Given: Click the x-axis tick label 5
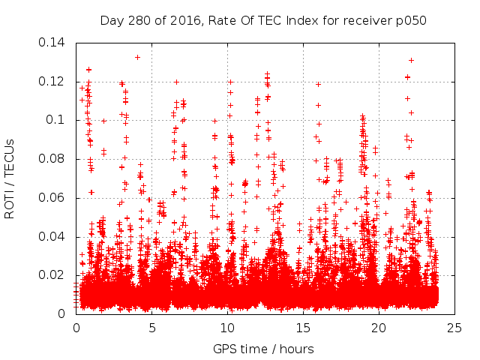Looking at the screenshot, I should click(x=151, y=328).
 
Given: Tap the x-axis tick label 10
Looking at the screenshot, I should click(x=227, y=328).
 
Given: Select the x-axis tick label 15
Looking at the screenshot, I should click(x=303, y=328).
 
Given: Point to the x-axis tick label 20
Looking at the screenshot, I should click(x=379, y=328).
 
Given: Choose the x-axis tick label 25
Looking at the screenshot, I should click(x=454, y=328).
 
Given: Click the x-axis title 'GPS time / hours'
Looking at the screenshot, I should click(x=263, y=349).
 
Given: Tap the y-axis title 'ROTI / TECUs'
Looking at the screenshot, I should click(x=10, y=178).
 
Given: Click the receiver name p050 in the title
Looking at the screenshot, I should click(x=411, y=20).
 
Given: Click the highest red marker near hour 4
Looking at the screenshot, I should click(x=137, y=57).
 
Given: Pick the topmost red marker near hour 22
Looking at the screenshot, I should click(x=411, y=60).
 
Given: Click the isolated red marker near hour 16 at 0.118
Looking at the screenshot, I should click(x=319, y=84).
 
